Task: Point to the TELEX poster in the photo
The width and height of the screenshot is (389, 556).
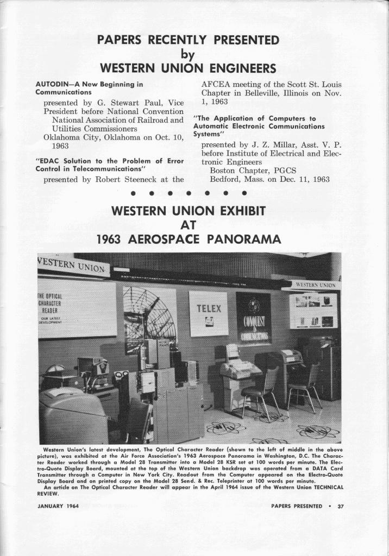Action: (209, 314)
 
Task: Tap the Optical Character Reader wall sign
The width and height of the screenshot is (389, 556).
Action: (77, 308)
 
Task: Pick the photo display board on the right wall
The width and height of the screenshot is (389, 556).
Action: (313, 311)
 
